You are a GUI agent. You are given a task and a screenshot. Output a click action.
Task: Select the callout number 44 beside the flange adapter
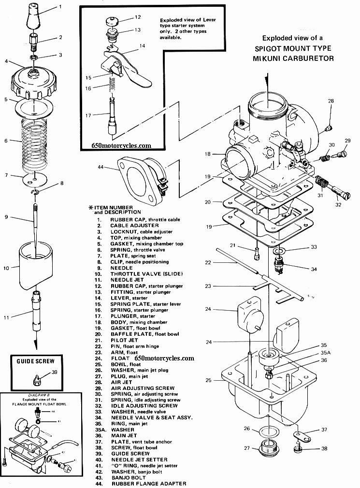[x=101, y=167]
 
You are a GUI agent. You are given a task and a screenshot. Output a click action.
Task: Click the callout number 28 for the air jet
[x=331, y=101]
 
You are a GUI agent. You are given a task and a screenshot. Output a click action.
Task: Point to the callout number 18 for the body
[x=207, y=155]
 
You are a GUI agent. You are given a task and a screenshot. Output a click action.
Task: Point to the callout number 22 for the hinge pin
[x=207, y=262]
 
